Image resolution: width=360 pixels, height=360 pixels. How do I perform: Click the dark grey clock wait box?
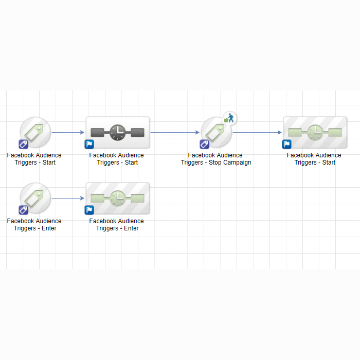click(118, 133)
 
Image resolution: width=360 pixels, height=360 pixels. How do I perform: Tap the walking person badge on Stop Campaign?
click(229, 118)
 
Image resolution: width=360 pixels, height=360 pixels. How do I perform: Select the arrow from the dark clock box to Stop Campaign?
click(175, 132)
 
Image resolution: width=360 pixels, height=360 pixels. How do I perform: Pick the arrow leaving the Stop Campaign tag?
click(257, 132)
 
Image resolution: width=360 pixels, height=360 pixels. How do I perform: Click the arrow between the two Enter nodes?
click(68, 198)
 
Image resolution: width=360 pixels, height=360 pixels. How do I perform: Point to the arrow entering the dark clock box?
click(68, 132)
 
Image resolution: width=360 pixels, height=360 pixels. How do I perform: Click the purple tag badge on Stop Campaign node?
click(204, 145)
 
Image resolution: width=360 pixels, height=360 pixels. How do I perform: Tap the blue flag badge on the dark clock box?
click(89, 145)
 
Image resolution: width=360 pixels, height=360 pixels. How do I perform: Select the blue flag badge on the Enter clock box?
click(89, 210)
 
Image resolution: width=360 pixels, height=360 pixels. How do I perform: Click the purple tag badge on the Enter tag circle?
click(24, 210)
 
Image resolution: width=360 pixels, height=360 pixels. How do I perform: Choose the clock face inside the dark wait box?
click(118, 133)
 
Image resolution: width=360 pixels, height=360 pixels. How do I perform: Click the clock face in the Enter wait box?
click(118, 199)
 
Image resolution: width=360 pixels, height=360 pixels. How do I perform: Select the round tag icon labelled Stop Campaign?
click(216, 132)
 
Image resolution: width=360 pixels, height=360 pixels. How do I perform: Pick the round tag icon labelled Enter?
click(35, 198)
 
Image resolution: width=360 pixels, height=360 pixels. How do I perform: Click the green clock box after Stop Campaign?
click(315, 133)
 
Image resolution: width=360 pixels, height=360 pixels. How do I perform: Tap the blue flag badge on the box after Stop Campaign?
click(287, 145)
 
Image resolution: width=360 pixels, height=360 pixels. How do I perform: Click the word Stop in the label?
click(214, 163)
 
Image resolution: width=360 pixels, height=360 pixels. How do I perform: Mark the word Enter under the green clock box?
click(131, 228)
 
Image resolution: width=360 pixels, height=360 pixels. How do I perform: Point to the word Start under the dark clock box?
click(131, 163)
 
